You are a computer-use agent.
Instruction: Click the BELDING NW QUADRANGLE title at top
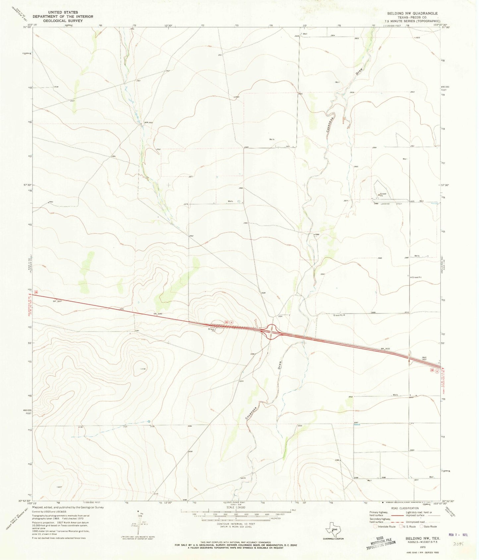410,13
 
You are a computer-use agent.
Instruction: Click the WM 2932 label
148,122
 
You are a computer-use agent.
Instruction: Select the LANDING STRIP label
390,204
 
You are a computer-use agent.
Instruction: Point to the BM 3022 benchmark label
385,349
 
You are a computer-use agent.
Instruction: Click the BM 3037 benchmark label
57,301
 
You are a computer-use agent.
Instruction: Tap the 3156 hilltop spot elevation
143,369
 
